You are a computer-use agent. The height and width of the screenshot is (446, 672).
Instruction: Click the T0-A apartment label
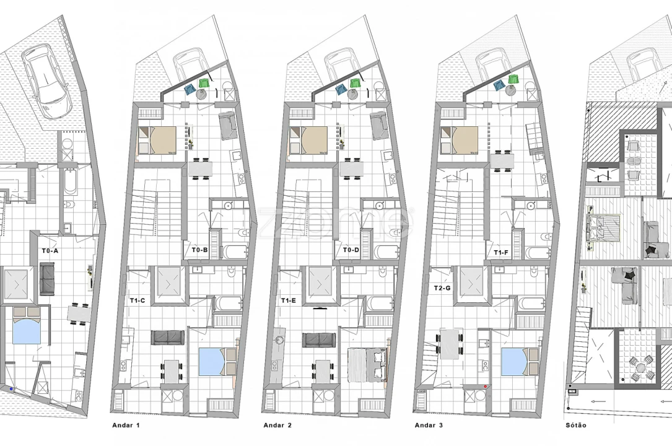point(50,251)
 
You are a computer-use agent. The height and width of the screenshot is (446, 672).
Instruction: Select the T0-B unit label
point(199,250)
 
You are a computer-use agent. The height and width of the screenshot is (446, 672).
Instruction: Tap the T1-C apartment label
point(137,300)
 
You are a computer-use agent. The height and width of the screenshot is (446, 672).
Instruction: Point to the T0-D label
point(351,250)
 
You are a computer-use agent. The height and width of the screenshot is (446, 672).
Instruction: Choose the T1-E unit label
point(289,300)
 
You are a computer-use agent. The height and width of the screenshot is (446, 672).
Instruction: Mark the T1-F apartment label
point(502,253)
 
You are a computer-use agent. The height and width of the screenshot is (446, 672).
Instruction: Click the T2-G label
point(442,289)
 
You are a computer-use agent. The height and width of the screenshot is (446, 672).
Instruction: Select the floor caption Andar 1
point(126,426)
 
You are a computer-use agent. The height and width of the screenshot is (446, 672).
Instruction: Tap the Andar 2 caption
point(278,426)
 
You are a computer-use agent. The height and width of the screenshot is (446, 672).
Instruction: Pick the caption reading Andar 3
point(428,426)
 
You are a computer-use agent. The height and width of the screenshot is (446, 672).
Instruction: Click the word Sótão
point(576,426)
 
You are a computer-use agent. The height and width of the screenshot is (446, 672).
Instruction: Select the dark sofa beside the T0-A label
point(46,279)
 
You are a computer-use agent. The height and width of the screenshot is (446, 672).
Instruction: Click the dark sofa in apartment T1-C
point(168,337)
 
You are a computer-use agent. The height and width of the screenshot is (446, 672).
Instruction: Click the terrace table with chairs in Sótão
point(638,368)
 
